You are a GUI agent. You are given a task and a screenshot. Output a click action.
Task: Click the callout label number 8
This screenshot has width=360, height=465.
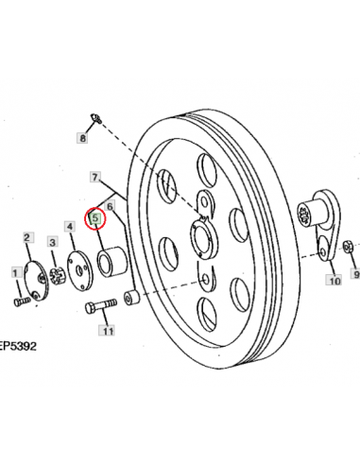(82, 138)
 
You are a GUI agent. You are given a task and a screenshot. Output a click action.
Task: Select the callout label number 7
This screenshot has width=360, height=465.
(94, 177)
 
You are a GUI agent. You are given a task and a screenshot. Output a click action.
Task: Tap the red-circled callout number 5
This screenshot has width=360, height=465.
(95, 217)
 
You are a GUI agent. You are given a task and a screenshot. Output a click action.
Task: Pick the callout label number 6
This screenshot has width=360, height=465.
(110, 207)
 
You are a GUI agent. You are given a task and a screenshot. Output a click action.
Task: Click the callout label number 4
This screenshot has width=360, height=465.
(70, 226)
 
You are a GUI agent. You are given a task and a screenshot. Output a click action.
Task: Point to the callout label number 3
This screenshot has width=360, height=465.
(53, 242)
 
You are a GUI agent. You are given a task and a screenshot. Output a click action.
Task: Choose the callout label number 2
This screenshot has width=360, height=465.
(26, 237)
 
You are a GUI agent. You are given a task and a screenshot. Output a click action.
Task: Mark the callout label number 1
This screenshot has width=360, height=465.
(15, 272)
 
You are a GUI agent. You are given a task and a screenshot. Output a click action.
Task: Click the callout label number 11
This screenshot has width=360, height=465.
(107, 331)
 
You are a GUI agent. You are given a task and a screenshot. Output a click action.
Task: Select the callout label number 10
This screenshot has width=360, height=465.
(334, 280)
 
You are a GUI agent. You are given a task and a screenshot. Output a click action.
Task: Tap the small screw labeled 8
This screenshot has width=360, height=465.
(95, 118)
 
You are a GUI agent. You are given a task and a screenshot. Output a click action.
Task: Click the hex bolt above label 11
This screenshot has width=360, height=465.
(101, 305)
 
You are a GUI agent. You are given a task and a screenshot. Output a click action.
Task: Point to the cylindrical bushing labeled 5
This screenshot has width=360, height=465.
(111, 262)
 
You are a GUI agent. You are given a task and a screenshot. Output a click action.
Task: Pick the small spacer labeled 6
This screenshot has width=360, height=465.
(131, 298)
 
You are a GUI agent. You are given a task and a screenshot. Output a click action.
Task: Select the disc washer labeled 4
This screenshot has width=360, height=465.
(80, 270)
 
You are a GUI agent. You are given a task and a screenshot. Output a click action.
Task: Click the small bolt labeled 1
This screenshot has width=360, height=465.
(22, 301)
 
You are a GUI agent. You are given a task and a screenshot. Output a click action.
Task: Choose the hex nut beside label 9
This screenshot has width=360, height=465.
(347, 247)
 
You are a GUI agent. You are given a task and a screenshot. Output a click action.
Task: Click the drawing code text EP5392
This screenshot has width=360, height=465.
(18, 346)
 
